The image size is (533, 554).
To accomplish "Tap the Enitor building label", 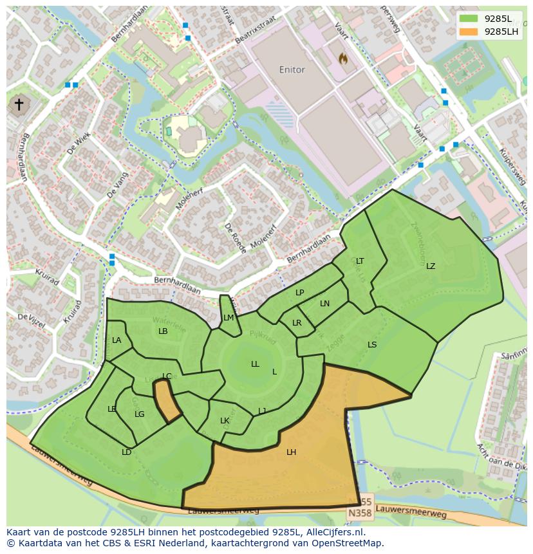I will tap(292, 69).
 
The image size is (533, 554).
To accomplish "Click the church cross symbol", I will tap(19, 105).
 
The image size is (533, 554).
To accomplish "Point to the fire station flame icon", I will tap(343, 59).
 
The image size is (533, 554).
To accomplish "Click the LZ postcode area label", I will tap(430, 266).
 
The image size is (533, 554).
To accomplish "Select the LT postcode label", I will tap(360, 261).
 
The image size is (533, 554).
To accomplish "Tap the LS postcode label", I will tap(372, 345).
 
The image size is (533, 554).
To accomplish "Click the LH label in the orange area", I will tap(291, 452).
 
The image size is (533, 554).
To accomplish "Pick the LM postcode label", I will tap(229, 318).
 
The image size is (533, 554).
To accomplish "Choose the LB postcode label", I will tap(163, 331).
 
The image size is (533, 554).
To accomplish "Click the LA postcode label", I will tap(117, 340).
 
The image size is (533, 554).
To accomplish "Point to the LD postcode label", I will tap(127, 452).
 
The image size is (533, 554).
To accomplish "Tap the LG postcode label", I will tap(140, 414).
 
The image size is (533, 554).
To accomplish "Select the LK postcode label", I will tap(225, 421).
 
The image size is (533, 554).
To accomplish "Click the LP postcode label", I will tap(299, 293).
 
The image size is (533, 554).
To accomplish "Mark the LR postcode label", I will tap(297, 323).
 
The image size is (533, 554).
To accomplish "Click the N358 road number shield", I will tap(359, 513).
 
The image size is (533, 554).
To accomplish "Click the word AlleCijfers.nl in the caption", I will tap(333, 532).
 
